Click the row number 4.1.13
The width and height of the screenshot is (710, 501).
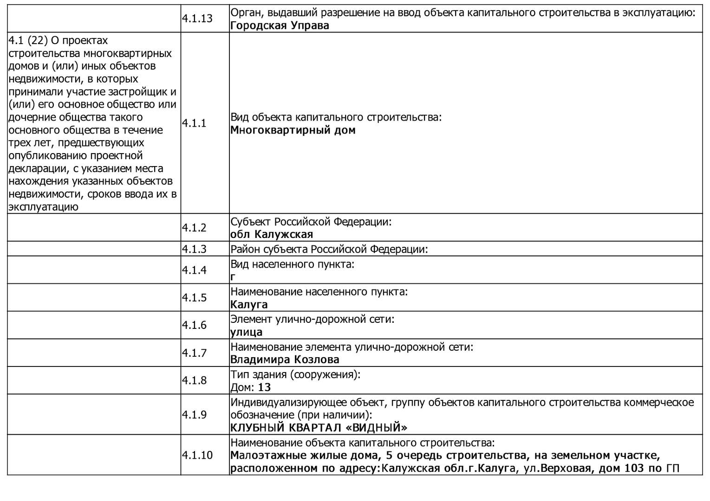tap(197, 19)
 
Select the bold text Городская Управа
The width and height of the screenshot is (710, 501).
tap(280, 26)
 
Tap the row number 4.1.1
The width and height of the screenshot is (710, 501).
tap(194, 123)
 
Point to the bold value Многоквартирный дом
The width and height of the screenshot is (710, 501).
tap(293, 130)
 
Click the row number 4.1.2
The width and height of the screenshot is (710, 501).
tap(194, 228)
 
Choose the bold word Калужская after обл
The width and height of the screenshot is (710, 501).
tap(284, 235)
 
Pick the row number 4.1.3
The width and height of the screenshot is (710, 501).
tap(194, 249)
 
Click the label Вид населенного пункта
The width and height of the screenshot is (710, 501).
tap(292, 264)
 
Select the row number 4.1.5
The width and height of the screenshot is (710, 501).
tap(194, 298)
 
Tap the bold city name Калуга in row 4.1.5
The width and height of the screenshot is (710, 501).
tap(249, 305)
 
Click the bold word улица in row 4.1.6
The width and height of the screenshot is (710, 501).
tap(246, 332)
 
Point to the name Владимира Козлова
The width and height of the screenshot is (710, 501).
tap(285, 360)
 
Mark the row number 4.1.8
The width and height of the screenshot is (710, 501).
tap(194, 380)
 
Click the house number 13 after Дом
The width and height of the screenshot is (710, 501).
tap(264, 387)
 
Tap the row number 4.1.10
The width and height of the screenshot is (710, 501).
tap(197, 455)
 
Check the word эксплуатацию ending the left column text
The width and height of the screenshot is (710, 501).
tap(43, 207)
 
